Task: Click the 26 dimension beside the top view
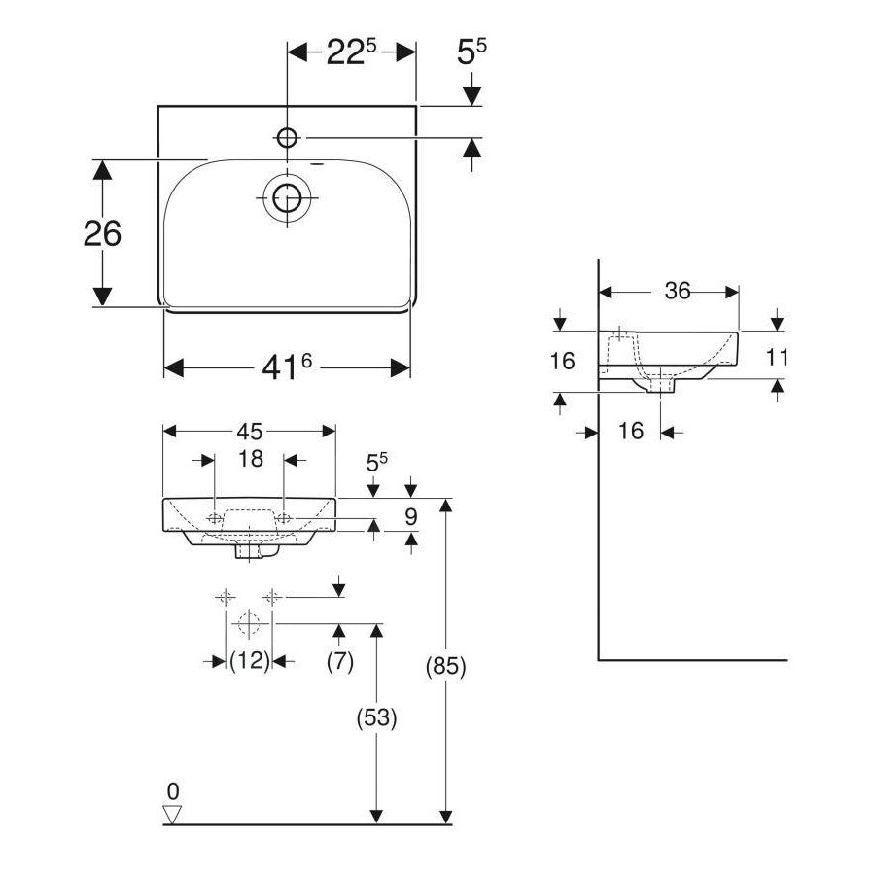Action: [x=102, y=233]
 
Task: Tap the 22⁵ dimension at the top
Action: [x=351, y=52]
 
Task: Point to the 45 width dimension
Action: [x=250, y=430]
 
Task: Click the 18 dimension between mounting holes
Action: [x=251, y=459]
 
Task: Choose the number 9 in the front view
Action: [x=411, y=516]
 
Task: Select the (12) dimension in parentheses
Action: [x=249, y=661]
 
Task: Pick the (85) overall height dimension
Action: [x=447, y=667]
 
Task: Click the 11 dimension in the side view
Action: [x=776, y=357]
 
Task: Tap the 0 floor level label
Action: [x=173, y=789]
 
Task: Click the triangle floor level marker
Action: [x=173, y=815]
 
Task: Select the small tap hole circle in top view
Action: [x=288, y=136]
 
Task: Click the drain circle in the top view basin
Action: [x=287, y=198]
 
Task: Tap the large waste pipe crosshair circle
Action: [x=249, y=622]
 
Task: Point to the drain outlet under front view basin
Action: [x=250, y=551]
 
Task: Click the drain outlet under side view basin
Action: [x=661, y=386]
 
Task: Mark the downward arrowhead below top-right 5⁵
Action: [x=471, y=95]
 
